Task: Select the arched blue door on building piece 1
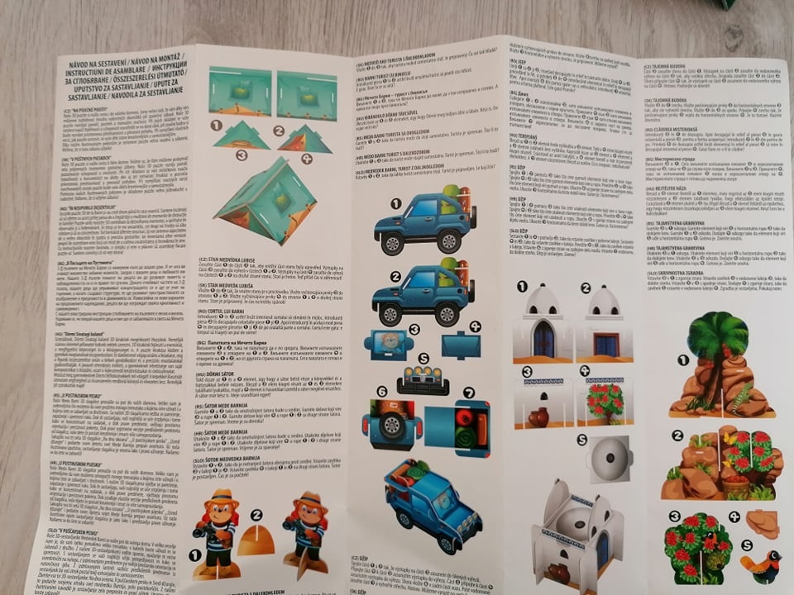point(543,339)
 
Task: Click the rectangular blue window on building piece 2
point(606,344)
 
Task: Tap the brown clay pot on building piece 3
point(538,416)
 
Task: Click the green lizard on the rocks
point(734,400)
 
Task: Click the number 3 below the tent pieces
point(241,155)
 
